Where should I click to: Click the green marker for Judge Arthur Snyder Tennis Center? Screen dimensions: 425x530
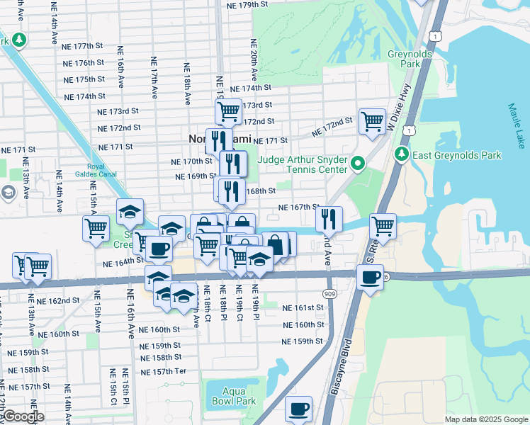pos(357,164)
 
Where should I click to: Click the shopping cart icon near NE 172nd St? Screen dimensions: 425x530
pos(371,120)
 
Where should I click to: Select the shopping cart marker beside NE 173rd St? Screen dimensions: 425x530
pos(228,110)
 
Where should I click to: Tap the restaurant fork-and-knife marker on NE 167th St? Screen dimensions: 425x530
pos(329,217)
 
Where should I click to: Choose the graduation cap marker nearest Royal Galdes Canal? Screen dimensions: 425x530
pos(130,211)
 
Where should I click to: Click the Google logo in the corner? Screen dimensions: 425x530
pos(23,417)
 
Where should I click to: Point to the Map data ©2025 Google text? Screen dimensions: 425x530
pos(486,419)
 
